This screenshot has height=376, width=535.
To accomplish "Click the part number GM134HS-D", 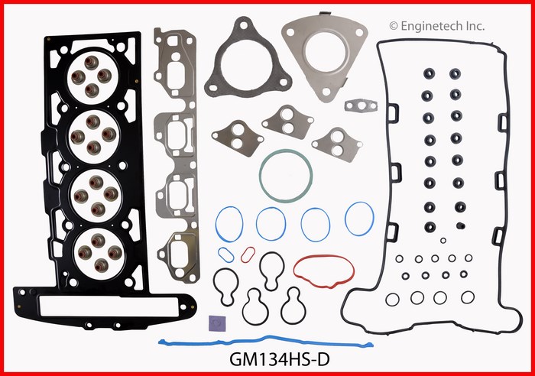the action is coord(280,359).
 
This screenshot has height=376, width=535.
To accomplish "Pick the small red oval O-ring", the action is coord(248,255).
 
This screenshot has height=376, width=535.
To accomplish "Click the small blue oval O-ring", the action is coord(226,255).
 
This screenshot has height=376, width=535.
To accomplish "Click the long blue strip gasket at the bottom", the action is coord(266,341).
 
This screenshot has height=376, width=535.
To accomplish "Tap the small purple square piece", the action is coord(217,324).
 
